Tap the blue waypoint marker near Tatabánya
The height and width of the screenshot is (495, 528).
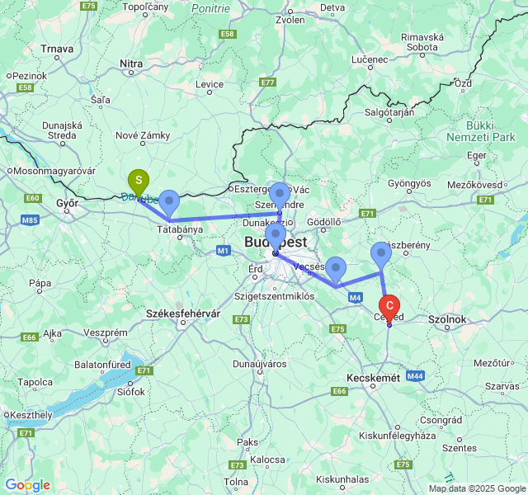tap(169, 200)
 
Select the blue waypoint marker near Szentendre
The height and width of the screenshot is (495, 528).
tap(280, 194)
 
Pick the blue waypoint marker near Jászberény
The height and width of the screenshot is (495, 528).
tap(380, 253)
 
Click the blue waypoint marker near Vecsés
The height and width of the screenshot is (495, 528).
tap(335, 268)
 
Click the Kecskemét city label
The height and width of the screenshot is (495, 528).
tap(372, 377)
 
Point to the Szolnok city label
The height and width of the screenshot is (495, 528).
tap(448, 318)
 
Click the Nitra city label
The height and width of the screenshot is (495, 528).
tap(131, 63)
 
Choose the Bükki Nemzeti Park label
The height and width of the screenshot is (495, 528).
tap(480, 130)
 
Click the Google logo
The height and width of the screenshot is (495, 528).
tap(27, 485)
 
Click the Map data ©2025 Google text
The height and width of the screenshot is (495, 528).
tap(476, 488)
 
